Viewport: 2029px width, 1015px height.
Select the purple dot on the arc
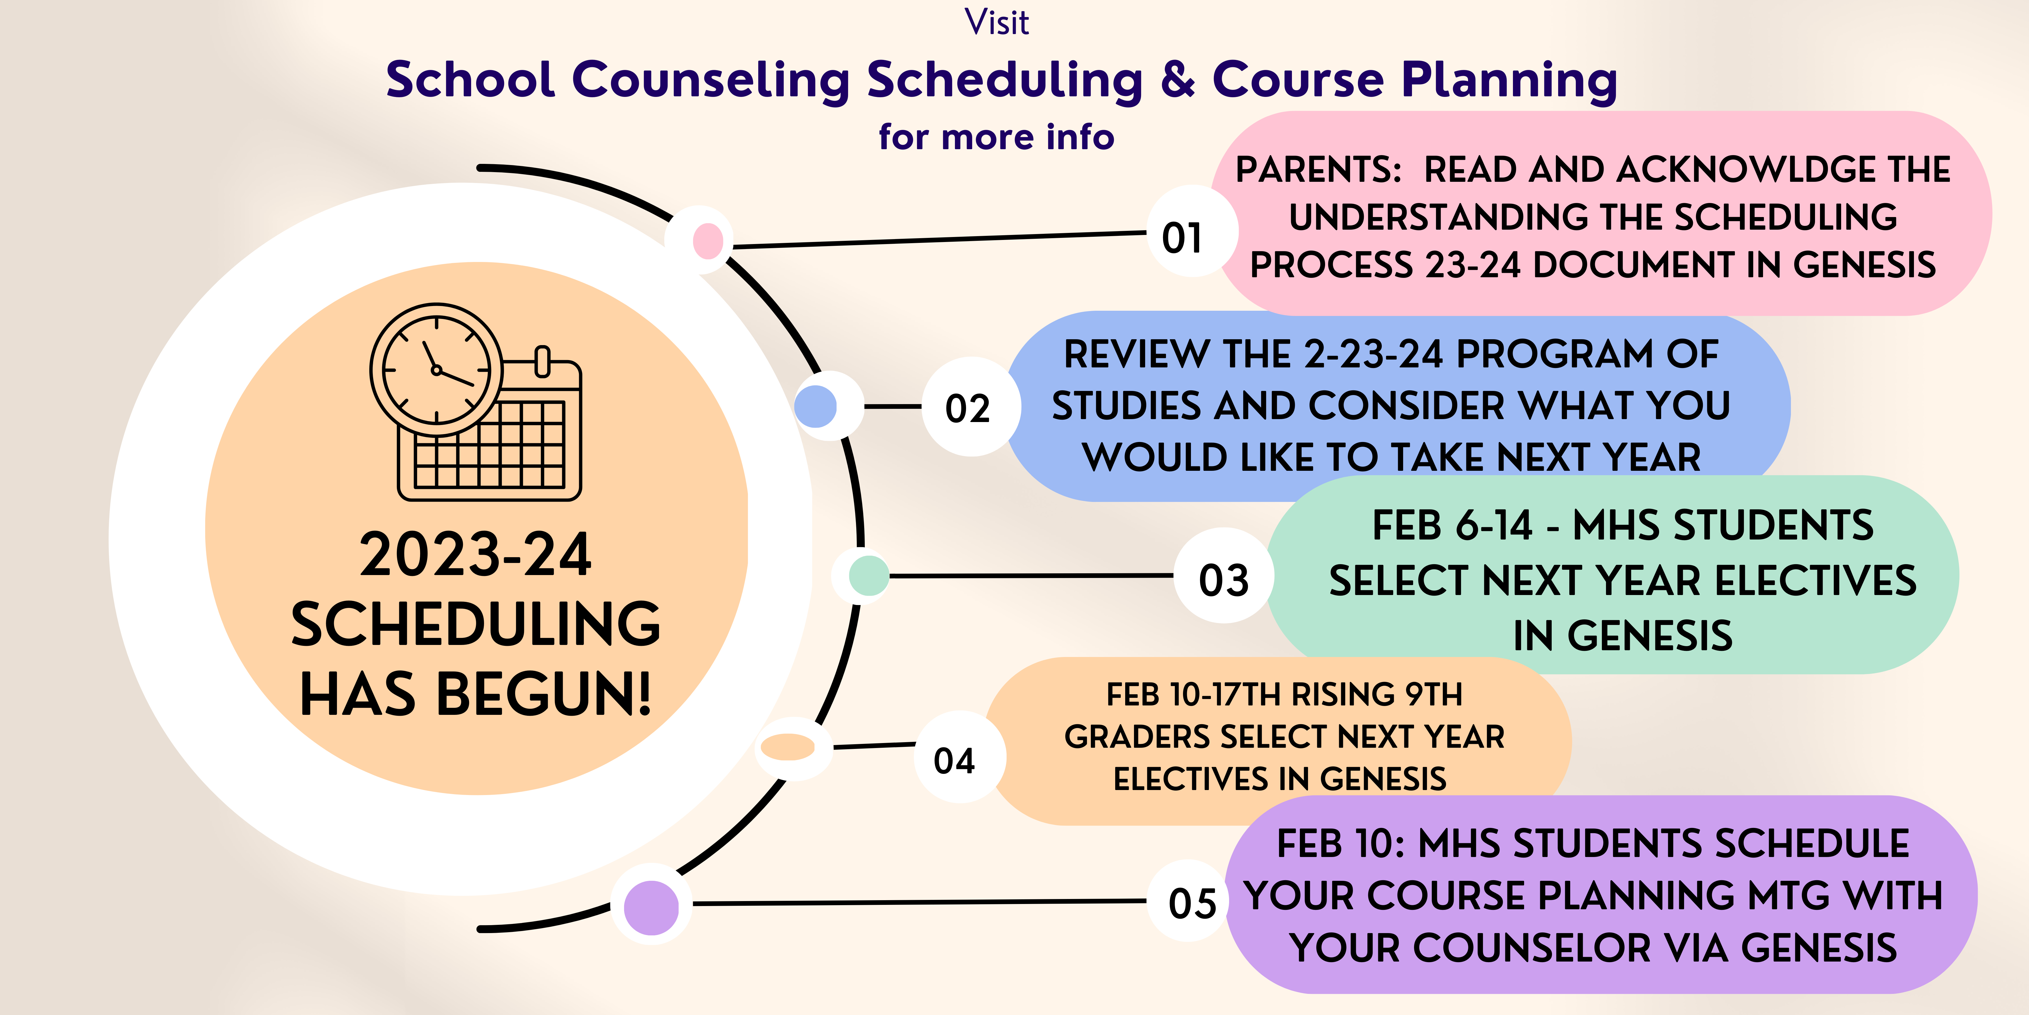(651, 907)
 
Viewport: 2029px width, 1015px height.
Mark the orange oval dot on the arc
(788, 746)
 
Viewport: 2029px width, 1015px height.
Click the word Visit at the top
(996, 22)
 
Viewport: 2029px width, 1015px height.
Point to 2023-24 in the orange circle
(476, 554)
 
